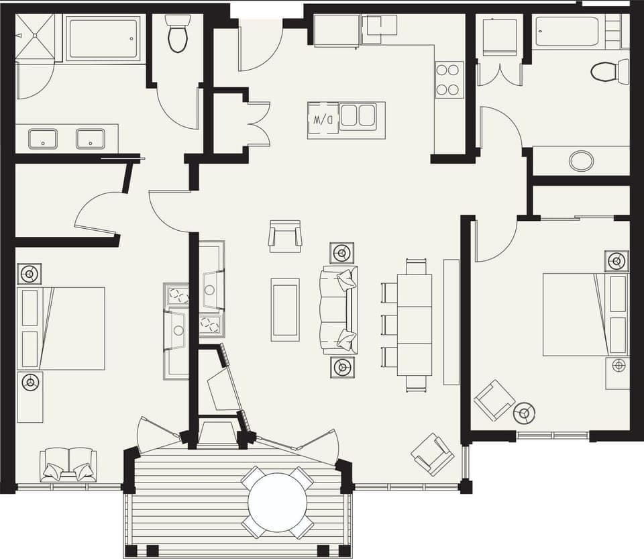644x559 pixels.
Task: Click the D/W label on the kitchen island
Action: pos(319,120)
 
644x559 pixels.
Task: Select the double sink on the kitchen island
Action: pos(357,115)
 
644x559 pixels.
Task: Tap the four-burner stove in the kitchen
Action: pos(449,79)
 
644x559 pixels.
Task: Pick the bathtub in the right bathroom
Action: pos(568,32)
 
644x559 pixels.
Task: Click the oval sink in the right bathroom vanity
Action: pos(581,160)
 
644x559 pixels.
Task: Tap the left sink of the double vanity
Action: pos(42,139)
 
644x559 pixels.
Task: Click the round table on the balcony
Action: pos(278,503)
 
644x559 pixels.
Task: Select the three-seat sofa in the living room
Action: pos(340,310)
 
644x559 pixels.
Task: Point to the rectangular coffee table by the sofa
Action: pos(285,309)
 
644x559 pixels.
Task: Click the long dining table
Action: pos(415,325)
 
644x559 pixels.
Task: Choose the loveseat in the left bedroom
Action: pos(68,464)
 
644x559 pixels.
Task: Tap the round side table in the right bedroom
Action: pos(525,412)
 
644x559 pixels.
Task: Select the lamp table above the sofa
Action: pos(342,253)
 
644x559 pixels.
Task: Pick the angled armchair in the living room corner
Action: pos(433,454)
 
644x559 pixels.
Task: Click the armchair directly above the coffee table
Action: pos(285,236)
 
